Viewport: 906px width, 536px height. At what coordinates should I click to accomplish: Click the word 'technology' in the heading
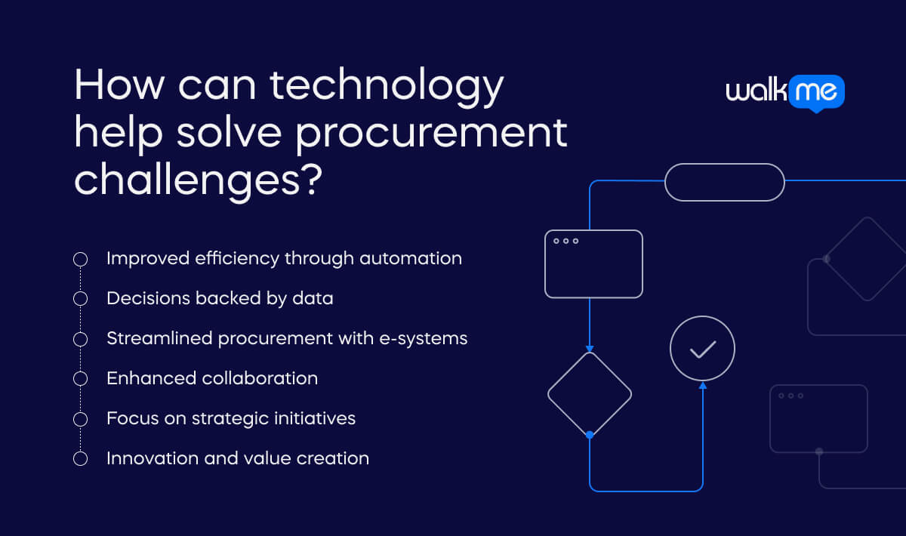(x=387, y=87)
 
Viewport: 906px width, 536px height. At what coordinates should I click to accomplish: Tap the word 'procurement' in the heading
(x=432, y=134)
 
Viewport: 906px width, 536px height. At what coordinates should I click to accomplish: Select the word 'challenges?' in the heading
(x=198, y=182)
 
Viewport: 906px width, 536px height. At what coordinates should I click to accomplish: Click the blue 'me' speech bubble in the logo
(x=816, y=93)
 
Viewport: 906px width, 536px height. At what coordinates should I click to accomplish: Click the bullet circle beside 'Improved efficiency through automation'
(x=81, y=259)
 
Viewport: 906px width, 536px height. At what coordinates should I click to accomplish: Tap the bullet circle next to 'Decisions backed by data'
(x=81, y=298)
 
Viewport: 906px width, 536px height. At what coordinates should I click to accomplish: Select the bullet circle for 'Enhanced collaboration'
(x=81, y=379)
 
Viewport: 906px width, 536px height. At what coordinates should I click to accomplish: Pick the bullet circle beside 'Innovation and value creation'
(x=81, y=459)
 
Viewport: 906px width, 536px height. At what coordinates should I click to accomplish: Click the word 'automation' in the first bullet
(x=411, y=258)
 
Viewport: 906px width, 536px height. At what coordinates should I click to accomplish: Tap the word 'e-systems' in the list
(x=423, y=339)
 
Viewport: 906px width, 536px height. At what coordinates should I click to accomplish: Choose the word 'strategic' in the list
(x=230, y=419)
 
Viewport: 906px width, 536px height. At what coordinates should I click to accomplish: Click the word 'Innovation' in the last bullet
(x=153, y=459)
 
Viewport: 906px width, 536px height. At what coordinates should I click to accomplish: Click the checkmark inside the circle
(x=703, y=350)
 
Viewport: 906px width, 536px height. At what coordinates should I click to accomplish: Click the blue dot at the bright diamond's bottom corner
(x=590, y=435)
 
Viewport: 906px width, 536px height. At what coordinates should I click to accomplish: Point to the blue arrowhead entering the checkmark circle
(x=703, y=386)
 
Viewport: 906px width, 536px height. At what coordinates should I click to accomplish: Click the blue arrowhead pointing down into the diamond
(x=590, y=349)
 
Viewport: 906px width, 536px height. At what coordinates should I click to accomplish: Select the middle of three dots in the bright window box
(x=565, y=241)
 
